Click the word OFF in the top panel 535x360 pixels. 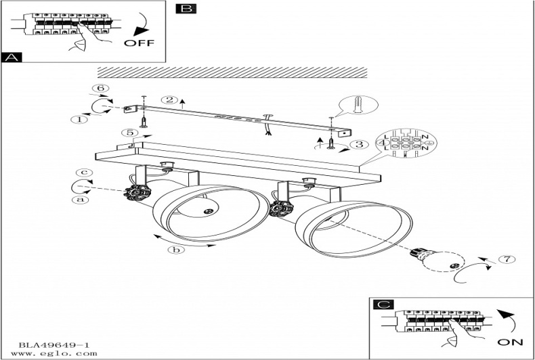(139, 43)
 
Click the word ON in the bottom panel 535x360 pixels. (510, 341)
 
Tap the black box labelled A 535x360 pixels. (12, 58)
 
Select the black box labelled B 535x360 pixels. (185, 9)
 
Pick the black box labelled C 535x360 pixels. (384, 305)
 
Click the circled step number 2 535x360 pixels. (172, 100)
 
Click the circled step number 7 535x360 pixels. (502, 259)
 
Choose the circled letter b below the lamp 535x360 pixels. (176, 250)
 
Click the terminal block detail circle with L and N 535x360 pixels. (406, 143)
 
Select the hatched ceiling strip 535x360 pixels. (232, 72)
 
